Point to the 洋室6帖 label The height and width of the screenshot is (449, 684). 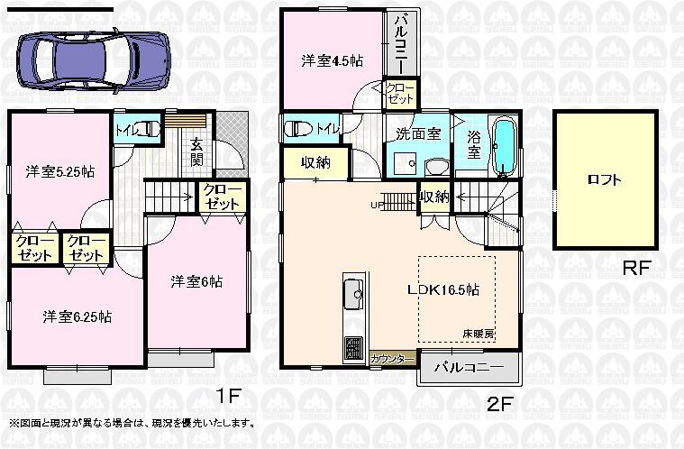click(196, 281)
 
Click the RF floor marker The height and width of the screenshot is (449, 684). click(636, 268)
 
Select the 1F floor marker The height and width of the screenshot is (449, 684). click(227, 394)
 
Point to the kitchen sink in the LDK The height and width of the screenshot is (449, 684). click(352, 293)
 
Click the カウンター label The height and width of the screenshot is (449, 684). click(392, 359)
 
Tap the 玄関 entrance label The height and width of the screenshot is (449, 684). click(196, 151)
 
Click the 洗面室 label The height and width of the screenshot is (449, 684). click(418, 133)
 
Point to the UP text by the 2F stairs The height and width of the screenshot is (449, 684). click(376, 205)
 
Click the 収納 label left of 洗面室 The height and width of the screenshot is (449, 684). click(315, 163)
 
